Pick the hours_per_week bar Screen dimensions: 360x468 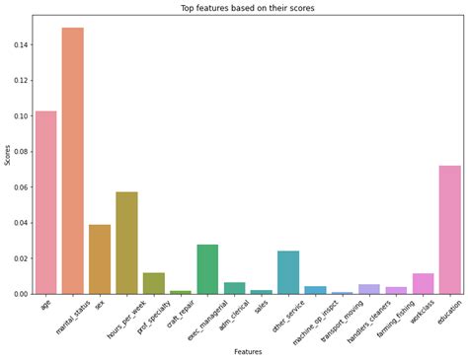126,243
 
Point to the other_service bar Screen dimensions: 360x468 288,272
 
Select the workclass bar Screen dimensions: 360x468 423,283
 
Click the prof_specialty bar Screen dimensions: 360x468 154,283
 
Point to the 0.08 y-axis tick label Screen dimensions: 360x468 20,152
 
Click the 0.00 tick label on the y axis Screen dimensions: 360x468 20,294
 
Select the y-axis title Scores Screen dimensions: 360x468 7,154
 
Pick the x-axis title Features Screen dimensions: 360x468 248,351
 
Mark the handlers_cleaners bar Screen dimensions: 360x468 369,289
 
